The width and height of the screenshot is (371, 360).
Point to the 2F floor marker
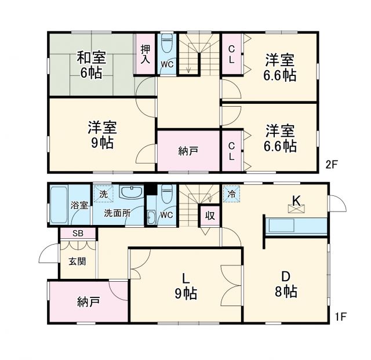(331, 164)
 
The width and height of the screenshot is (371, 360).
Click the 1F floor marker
(340, 317)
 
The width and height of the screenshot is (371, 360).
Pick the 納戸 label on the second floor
(188, 151)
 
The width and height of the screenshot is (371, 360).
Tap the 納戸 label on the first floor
(89, 301)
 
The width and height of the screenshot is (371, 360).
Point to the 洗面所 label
(117, 213)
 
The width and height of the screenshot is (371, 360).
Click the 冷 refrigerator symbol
(231, 194)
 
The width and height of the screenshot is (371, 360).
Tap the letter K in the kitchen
(296, 201)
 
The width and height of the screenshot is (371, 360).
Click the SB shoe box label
(77, 233)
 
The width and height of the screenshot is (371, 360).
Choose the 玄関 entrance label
(78, 261)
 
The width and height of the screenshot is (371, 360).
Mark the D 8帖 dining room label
(286, 284)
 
